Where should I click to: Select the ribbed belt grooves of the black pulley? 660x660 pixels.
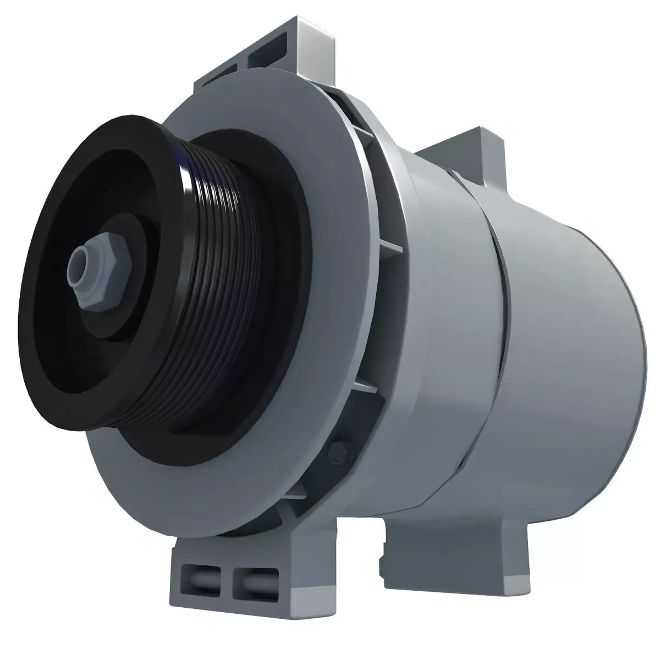pos(220,286)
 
